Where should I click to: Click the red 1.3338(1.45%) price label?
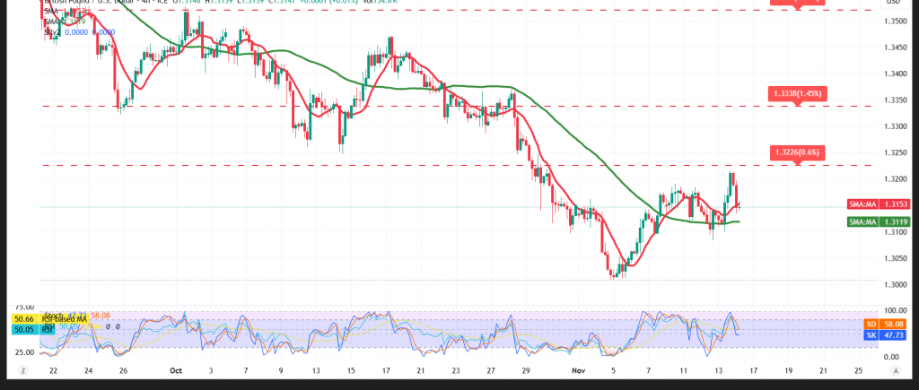point(796,93)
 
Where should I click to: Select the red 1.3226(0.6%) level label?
point(796,152)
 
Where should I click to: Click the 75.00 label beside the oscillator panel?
point(24,307)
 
